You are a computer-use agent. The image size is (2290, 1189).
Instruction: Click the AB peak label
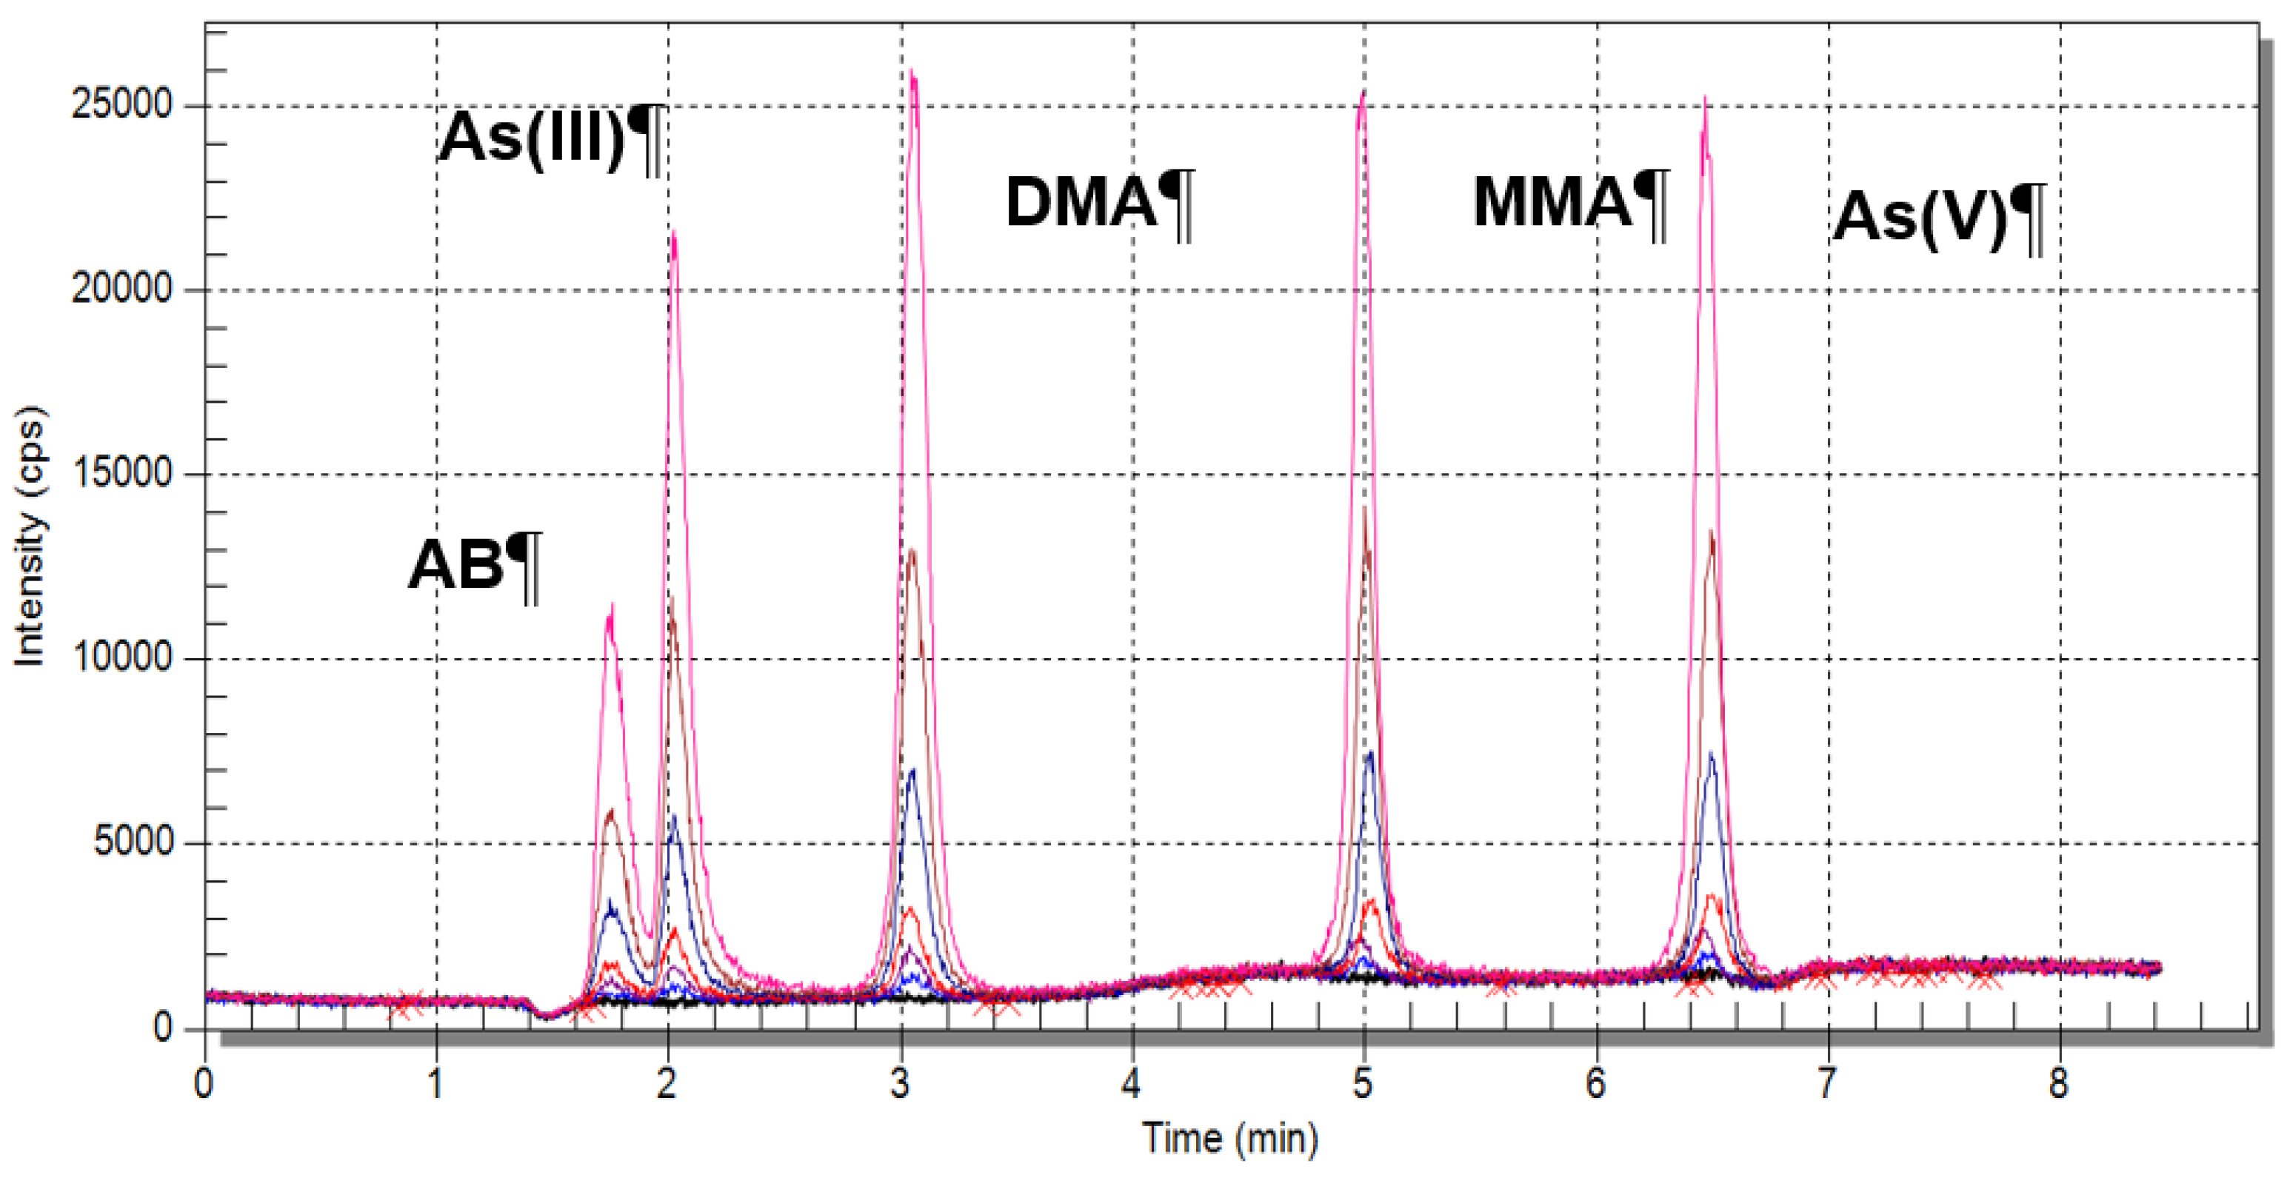(x=474, y=566)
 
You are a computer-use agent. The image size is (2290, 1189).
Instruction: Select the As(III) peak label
(x=551, y=139)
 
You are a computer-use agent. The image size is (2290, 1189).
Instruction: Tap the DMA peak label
(x=1100, y=204)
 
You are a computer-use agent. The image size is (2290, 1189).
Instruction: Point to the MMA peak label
(x=1571, y=204)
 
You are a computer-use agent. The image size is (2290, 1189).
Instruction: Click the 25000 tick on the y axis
(x=121, y=106)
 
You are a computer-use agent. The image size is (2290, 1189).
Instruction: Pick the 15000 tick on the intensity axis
(x=121, y=474)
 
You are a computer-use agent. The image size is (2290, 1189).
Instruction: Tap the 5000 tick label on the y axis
(x=133, y=843)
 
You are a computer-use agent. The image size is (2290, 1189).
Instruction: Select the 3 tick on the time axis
(x=901, y=1084)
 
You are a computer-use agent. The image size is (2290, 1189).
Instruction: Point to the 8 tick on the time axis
(x=2060, y=1084)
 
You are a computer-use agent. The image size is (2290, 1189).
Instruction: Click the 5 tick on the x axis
(x=1363, y=1084)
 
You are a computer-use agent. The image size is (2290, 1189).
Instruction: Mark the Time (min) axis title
(x=1230, y=1139)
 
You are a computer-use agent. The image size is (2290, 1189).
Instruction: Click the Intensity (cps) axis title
(x=30, y=536)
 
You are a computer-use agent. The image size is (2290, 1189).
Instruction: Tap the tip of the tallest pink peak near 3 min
(x=913, y=70)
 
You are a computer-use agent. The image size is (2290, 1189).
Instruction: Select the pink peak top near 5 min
(x=1363, y=90)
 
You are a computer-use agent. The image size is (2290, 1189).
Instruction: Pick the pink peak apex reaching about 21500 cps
(x=674, y=231)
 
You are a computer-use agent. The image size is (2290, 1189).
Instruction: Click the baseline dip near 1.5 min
(x=547, y=1017)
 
